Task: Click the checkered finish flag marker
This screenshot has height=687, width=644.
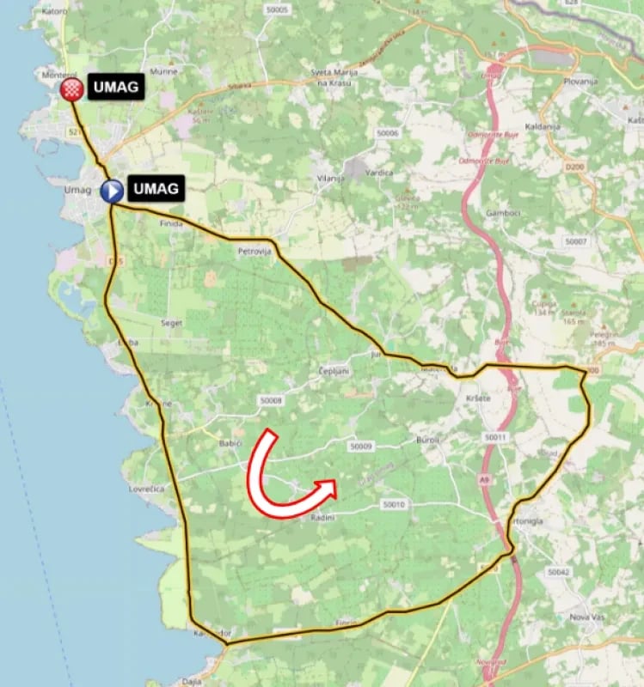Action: pos(74,88)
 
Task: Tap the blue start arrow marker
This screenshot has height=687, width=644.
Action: pos(112,190)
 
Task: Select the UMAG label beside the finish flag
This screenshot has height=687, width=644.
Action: pos(113,87)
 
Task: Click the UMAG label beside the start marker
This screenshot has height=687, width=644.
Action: pos(156,188)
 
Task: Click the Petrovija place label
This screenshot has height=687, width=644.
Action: pos(254,252)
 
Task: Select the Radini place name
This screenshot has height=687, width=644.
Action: pos(321,519)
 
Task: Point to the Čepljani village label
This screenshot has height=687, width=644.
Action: pos(333,371)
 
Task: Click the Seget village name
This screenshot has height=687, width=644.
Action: pos(171,323)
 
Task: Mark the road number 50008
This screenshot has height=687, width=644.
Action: pos(270,400)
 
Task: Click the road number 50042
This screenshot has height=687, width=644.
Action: pos(558,571)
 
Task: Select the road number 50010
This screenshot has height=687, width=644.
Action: pos(393,504)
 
